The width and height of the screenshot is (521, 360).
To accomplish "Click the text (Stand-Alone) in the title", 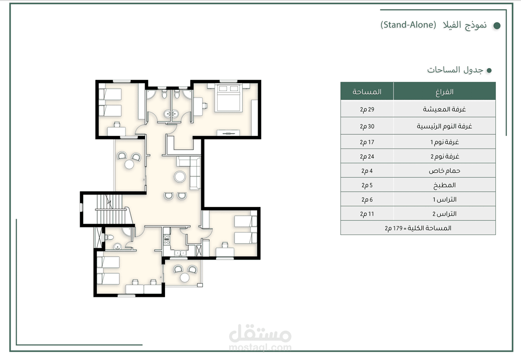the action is [x=408, y=25].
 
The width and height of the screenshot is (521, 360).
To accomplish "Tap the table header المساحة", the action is [x=367, y=92].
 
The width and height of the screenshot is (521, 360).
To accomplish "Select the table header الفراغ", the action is [x=445, y=92].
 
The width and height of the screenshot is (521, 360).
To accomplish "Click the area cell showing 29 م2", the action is [x=367, y=109].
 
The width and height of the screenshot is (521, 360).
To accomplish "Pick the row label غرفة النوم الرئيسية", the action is [x=444, y=126].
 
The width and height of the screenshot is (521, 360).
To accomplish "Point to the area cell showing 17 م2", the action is [x=367, y=142].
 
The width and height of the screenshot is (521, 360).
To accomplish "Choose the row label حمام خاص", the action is [x=445, y=171].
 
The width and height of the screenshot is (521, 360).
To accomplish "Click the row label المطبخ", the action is [x=445, y=185].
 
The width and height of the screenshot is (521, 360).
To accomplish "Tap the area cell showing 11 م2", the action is [x=367, y=214].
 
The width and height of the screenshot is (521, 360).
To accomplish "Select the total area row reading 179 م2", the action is [x=418, y=228].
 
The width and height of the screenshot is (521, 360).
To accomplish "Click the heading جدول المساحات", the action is [x=455, y=70].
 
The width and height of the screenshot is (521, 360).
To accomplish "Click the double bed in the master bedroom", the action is [x=228, y=98].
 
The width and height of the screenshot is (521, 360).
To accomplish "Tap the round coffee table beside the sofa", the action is [x=180, y=177].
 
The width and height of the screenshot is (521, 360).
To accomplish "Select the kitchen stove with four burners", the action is [x=167, y=239].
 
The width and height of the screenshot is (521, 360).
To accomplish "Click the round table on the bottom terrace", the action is [x=185, y=277].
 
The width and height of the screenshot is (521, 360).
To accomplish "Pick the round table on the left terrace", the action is [x=129, y=165].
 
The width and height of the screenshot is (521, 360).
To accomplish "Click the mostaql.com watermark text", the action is [x=260, y=348].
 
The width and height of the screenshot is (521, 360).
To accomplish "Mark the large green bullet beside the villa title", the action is [x=497, y=26].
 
